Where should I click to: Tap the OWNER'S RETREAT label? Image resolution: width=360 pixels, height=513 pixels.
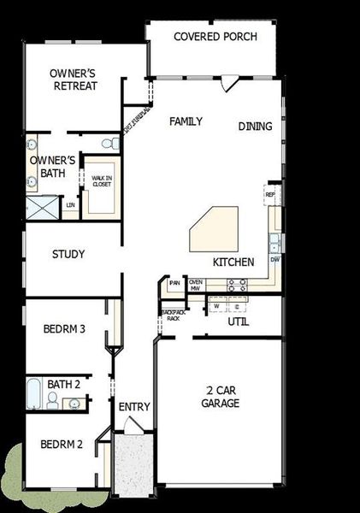[x=73, y=80]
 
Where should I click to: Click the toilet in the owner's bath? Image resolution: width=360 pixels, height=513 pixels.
[x=107, y=142]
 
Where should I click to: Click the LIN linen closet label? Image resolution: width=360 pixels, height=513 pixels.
[x=71, y=205]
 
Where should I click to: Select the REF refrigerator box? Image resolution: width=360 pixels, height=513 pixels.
[x=270, y=195]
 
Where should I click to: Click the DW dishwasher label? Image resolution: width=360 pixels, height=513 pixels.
[x=274, y=259]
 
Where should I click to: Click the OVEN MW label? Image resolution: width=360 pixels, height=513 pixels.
[x=196, y=285]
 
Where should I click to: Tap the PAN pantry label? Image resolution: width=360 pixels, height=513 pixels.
[x=174, y=283]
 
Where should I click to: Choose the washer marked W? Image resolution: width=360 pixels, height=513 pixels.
[x=216, y=305]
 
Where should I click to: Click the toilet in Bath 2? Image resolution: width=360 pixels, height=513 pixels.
[x=53, y=401]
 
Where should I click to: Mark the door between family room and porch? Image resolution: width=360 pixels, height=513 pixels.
[x=228, y=82]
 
